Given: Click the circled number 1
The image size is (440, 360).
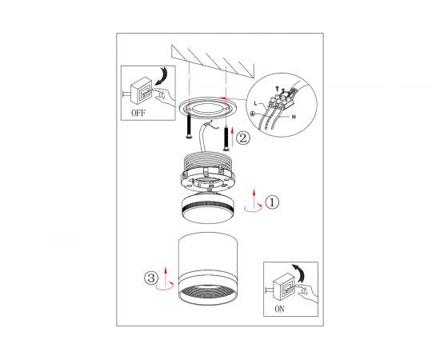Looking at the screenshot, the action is pos(272,202).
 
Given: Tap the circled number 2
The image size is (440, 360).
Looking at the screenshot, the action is pos(242,138).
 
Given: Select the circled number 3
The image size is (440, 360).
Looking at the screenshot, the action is pos(151,278).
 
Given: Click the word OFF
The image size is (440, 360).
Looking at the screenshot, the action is pos(138,113).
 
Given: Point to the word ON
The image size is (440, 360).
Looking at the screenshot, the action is pos(279,310).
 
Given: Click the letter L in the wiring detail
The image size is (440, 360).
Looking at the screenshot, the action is pos(255,103).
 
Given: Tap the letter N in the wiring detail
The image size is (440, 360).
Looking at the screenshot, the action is pos(294,117).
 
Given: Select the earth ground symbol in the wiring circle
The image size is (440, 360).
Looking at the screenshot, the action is pos(252,114).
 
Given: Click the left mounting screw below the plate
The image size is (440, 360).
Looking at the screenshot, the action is pos(189,126).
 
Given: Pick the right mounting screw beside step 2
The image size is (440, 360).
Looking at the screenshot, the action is pos(226,138).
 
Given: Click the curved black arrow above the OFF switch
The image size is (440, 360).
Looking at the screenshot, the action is pos(162,76).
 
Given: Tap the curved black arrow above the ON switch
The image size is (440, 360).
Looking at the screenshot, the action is pos(299,273).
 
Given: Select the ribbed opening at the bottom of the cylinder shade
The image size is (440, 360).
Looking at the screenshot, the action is pos(208,294).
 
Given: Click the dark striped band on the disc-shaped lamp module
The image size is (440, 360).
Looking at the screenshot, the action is pos(208,208).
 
